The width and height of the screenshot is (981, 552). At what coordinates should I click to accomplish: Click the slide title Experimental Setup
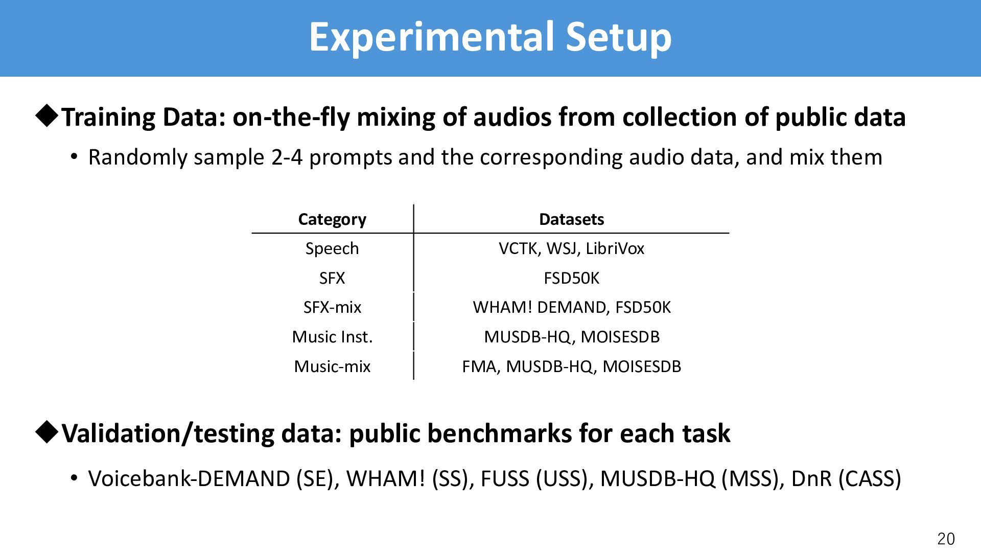point(490,37)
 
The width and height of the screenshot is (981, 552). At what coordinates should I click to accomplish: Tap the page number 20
point(946,539)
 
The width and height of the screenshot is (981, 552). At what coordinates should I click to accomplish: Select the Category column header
point(332,219)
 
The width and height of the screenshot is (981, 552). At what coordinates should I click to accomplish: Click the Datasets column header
point(571,219)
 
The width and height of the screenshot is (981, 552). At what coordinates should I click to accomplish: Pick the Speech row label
point(332,248)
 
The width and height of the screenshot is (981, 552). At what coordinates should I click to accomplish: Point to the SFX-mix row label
point(332,307)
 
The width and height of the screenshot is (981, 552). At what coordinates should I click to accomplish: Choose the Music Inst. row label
point(332,337)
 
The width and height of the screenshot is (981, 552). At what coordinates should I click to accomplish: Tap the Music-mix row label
point(332,366)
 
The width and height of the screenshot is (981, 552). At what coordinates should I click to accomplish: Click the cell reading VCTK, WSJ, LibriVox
point(571,248)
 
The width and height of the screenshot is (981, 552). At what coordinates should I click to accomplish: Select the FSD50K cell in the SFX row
point(571,278)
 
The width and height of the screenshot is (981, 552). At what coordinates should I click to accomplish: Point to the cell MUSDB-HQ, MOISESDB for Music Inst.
point(571,337)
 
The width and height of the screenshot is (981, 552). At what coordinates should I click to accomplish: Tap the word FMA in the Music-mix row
point(479,366)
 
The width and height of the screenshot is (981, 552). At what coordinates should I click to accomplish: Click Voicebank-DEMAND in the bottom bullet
point(189,478)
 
